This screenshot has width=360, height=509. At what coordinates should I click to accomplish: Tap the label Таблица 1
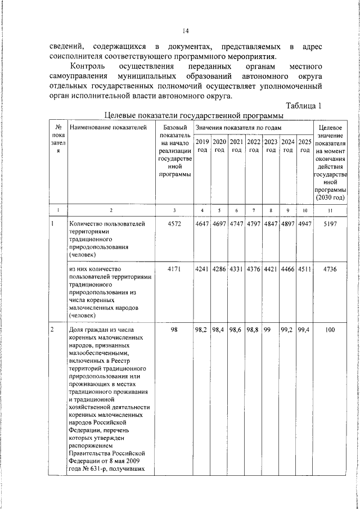click(303, 106)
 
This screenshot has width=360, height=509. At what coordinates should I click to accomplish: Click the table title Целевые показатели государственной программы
click(193, 115)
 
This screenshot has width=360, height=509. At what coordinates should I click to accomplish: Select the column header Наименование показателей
click(108, 128)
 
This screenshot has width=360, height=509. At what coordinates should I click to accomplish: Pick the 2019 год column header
click(202, 146)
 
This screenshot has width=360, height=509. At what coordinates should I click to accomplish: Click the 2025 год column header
click(305, 146)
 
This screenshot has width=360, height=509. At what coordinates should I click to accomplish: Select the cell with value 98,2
click(202, 331)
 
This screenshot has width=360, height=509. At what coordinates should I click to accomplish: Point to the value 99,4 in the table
click(305, 331)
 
